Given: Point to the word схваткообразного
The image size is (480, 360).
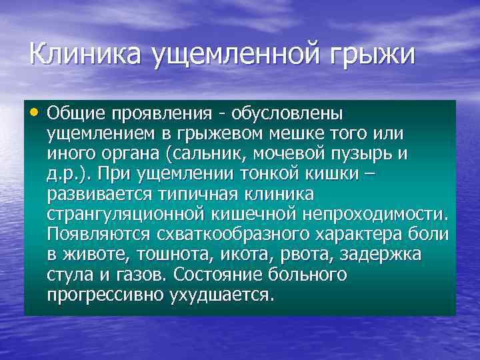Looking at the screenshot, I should click(x=229, y=235).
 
